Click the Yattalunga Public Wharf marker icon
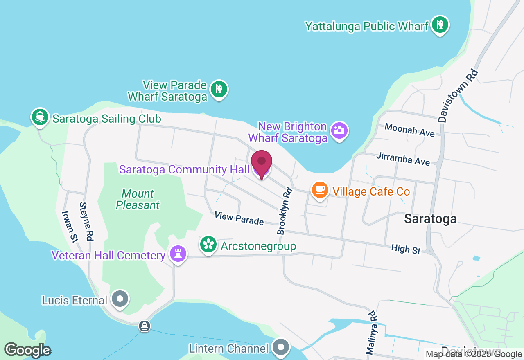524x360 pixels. pos(440,25)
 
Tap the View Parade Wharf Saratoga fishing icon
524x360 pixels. pos(219,89)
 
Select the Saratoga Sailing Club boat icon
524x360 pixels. pos(40,117)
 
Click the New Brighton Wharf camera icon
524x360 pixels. pos(339,131)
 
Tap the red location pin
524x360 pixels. pos(262,163)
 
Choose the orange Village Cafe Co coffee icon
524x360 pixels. pos(320,190)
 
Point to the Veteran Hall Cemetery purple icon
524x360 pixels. pos(178,254)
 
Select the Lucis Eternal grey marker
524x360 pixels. pos(120,299)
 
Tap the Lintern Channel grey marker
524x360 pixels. pos(282,347)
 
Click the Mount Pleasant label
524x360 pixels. pos(138,199)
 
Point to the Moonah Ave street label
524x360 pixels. pos(409,130)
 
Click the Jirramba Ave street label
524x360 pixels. pos(403,159)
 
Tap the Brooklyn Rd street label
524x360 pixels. pos(285,211)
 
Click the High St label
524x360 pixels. pos(406,249)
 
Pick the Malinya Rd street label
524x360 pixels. pos(371,332)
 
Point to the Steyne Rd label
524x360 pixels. pos(86,221)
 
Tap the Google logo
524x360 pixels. pos(27,350)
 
